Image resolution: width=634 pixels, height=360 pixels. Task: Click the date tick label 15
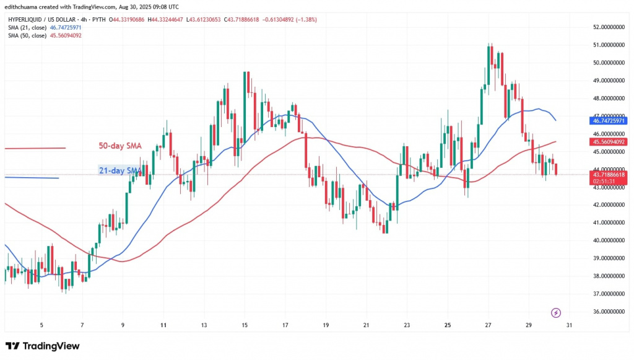point(245,325)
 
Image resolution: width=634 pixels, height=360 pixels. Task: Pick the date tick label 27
point(488,325)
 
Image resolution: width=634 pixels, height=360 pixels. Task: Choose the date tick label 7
point(82,325)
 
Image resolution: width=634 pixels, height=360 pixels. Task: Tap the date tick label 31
point(568,325)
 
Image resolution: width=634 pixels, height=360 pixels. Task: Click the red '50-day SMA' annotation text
point(120,146)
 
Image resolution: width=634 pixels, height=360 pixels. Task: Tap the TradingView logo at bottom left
point(43,346)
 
